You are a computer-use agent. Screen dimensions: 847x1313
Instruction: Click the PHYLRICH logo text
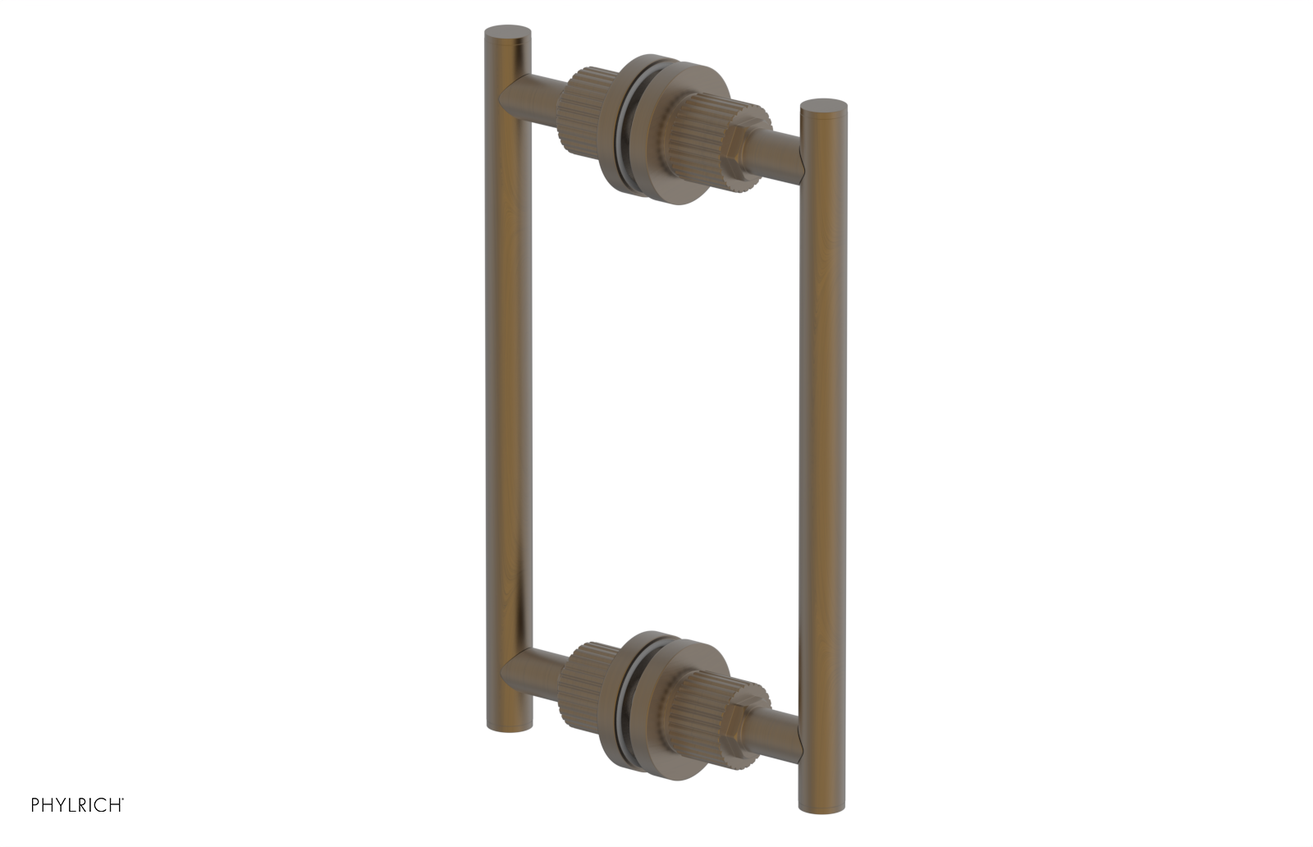pos(77,805)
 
